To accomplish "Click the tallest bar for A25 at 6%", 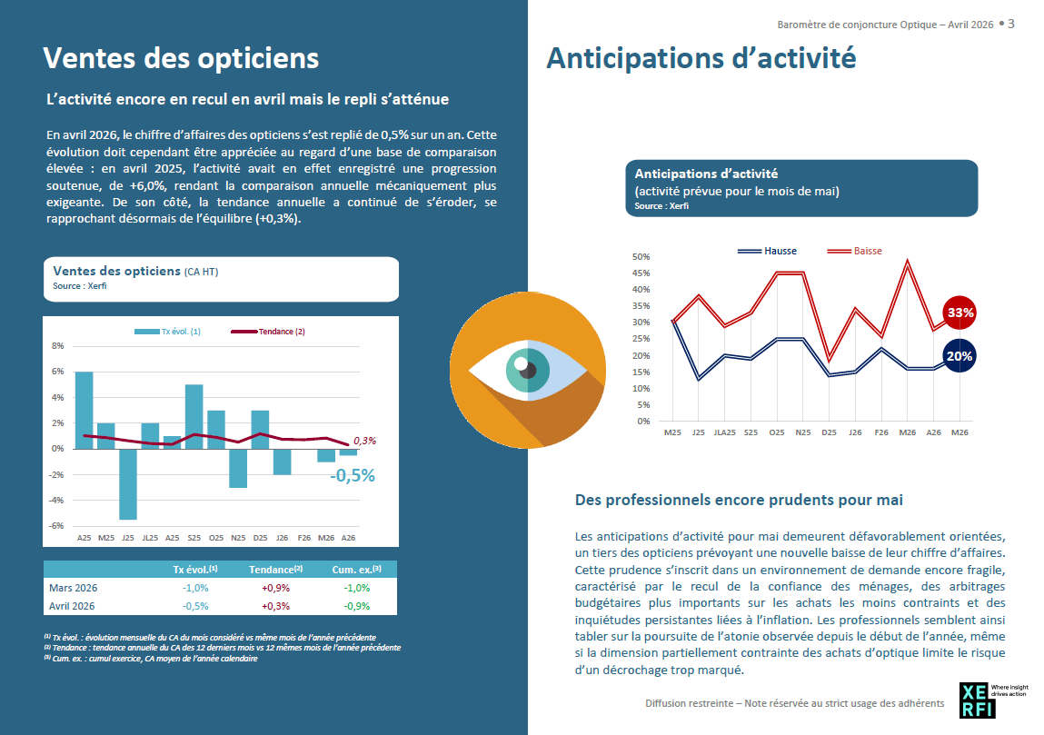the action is click(x=84, y=410).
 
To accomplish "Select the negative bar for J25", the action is click(x=128, y=484).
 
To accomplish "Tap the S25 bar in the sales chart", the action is click(x=194, y=417).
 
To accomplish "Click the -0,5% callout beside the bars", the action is click(x=353, y=475).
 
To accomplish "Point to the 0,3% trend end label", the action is click(x=364, y=441).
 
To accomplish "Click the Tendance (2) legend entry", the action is click(x=268, y=332).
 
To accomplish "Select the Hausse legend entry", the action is click(x=767, y=251).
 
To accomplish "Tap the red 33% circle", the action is click(x=959, y=313).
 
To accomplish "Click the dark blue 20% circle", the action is click(x=959, y=355).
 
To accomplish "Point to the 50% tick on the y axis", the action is click(x=641, y=256).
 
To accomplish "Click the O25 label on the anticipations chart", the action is click(x=777, y=432).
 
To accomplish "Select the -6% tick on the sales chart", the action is click(x=56, y=526).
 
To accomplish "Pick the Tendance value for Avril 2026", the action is click(x=275, y=607).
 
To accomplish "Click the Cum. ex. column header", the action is click(x=357, y=570).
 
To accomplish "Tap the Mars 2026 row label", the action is click(x=74, y=588).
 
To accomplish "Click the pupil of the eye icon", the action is click(x=528, y=370).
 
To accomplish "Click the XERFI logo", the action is click(x=977, y=700).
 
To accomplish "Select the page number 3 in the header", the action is click(x=1010, y=24).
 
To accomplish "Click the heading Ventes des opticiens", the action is click(x=181, y=58).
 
